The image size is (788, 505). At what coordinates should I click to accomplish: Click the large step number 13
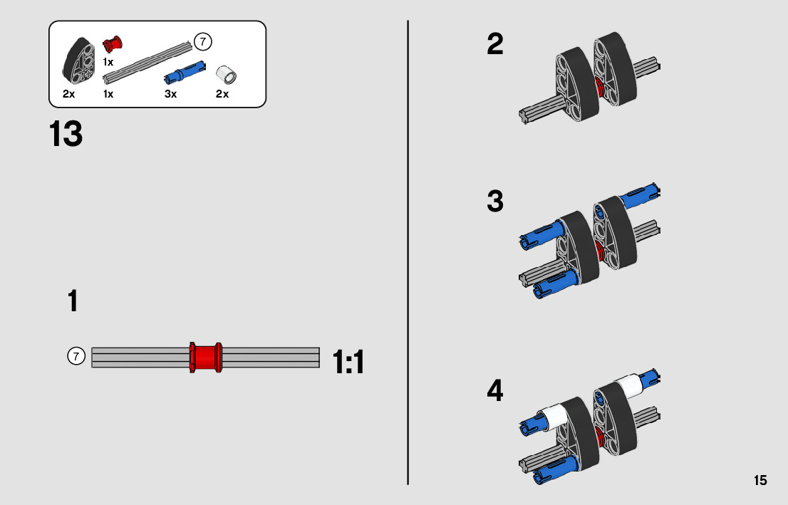coord(66,134)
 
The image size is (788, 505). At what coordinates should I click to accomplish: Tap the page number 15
coord(760,480)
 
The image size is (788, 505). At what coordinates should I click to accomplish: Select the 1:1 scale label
coord(348,363)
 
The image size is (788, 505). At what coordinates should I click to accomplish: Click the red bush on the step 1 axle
coord(206,357)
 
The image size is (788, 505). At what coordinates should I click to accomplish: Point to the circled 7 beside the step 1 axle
coord(76,355)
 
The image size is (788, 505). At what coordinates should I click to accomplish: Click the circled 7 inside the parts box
coord(203,42)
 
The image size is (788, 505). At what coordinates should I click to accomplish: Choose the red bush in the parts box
coord(112,45)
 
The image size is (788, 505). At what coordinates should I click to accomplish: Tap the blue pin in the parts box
coord(184,71)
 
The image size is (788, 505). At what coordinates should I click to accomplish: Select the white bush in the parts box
coord(227,73)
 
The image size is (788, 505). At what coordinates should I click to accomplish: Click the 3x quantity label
coord(170,94)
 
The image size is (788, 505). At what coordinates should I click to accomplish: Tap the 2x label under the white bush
coord(222,94)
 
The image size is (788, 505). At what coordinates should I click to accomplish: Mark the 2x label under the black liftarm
coord(68,94)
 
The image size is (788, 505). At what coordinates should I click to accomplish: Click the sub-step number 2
coord(495,45)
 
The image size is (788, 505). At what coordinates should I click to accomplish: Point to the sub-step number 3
coord(495,202)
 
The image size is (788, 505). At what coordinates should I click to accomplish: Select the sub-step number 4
coord(495,391)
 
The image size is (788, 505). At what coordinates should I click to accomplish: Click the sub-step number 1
coord(73,301)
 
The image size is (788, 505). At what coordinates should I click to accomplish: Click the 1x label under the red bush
coord(108,62)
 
